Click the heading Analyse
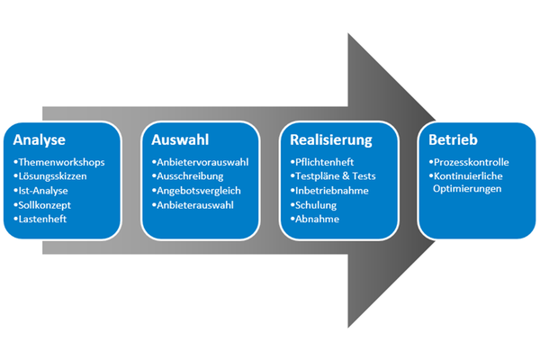point(40,140)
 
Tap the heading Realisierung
point(331,140)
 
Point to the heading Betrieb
point(453,140)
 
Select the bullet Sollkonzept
point(45,205)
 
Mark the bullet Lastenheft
point(43,220)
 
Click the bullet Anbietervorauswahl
point(202,162)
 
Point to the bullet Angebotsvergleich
point(199,191)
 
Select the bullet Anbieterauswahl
point(194,205)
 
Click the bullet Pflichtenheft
point(327,162)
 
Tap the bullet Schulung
point(315,205)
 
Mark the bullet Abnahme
point(316,220)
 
